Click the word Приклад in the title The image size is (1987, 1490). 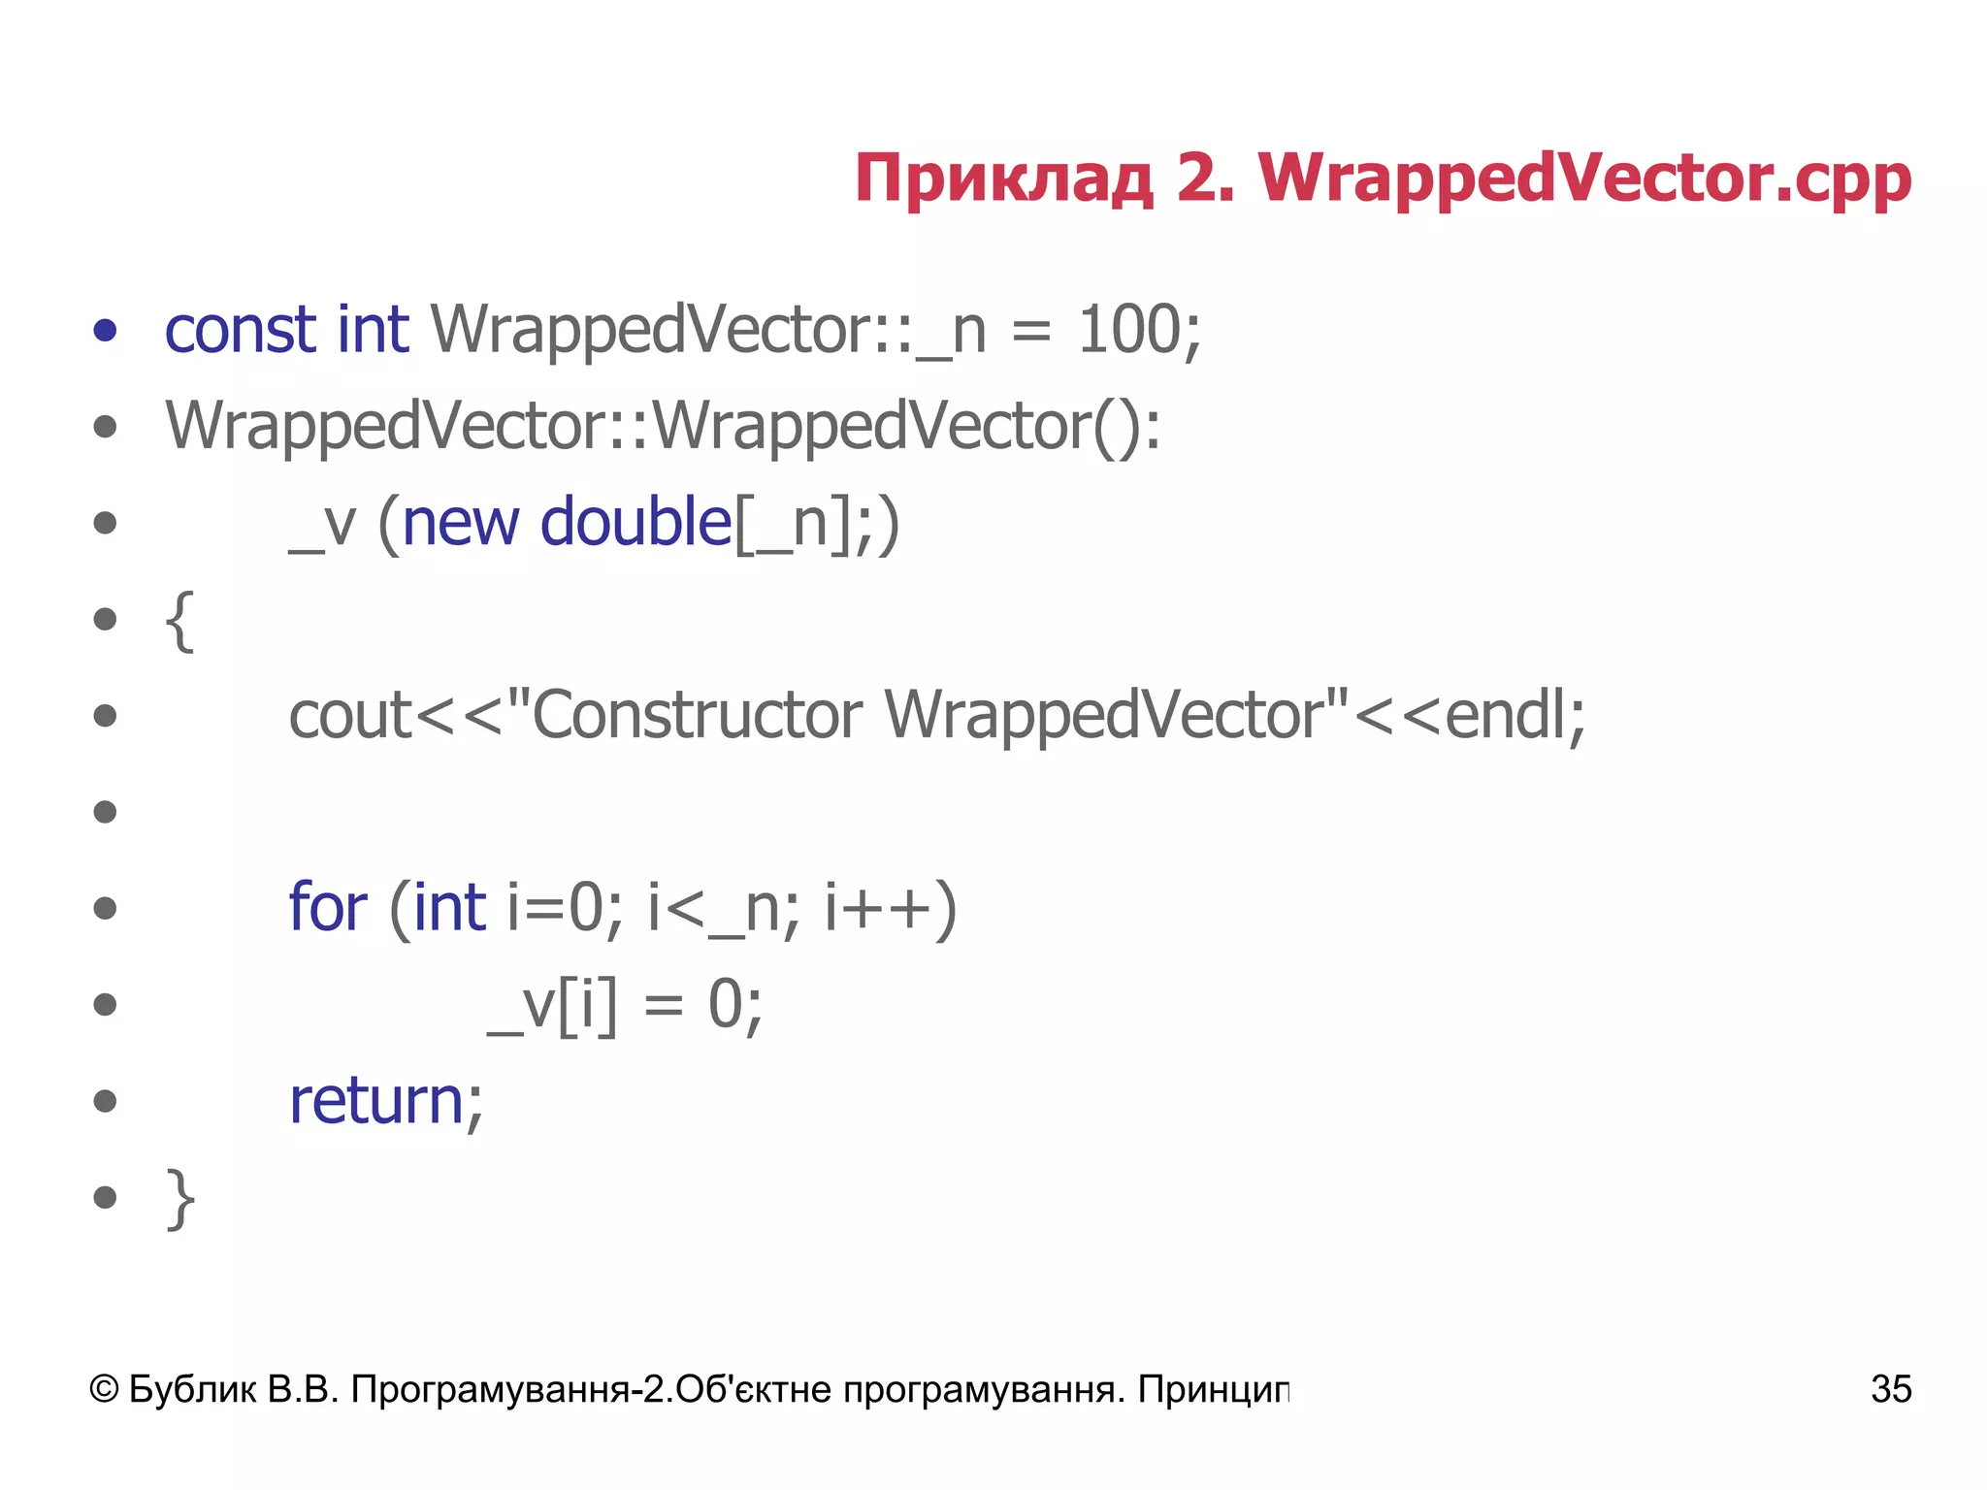pyautogui.click(x=1004, y=179)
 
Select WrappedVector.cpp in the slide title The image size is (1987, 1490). pyautogui.click(x=1584, y=179)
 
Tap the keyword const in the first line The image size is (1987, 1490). pyautogui.click(x=240, y=330)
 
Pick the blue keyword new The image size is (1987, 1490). pyautogui.click(x=460, y=523)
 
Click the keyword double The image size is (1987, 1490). pyautogui.click(x=635, y=523)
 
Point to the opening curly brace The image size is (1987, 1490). pyautogui.click(x=180, y=621)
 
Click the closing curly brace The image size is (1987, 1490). pyautogui.click(x=180, y=1199)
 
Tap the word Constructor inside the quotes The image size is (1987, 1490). pyautogui.click(x=697, y=716)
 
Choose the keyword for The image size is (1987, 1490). pyautogui.click(x=328, y=908)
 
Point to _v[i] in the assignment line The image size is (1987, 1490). pyautogui.click(x=551, y=1005)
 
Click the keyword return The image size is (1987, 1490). pyautogui.click(x=377, y=1101)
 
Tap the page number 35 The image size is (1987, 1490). pyautogui.click(x=1891, y=1389)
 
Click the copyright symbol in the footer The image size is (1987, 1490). pyautogui.click(x=104, y=1389)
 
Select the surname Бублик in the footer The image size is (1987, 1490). pyautogui.click(x=192, y=1389)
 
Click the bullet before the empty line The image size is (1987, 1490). pyautogui.click(x=105, y=811)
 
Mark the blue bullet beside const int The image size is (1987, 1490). pyautogui.click(x=105, y=330)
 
